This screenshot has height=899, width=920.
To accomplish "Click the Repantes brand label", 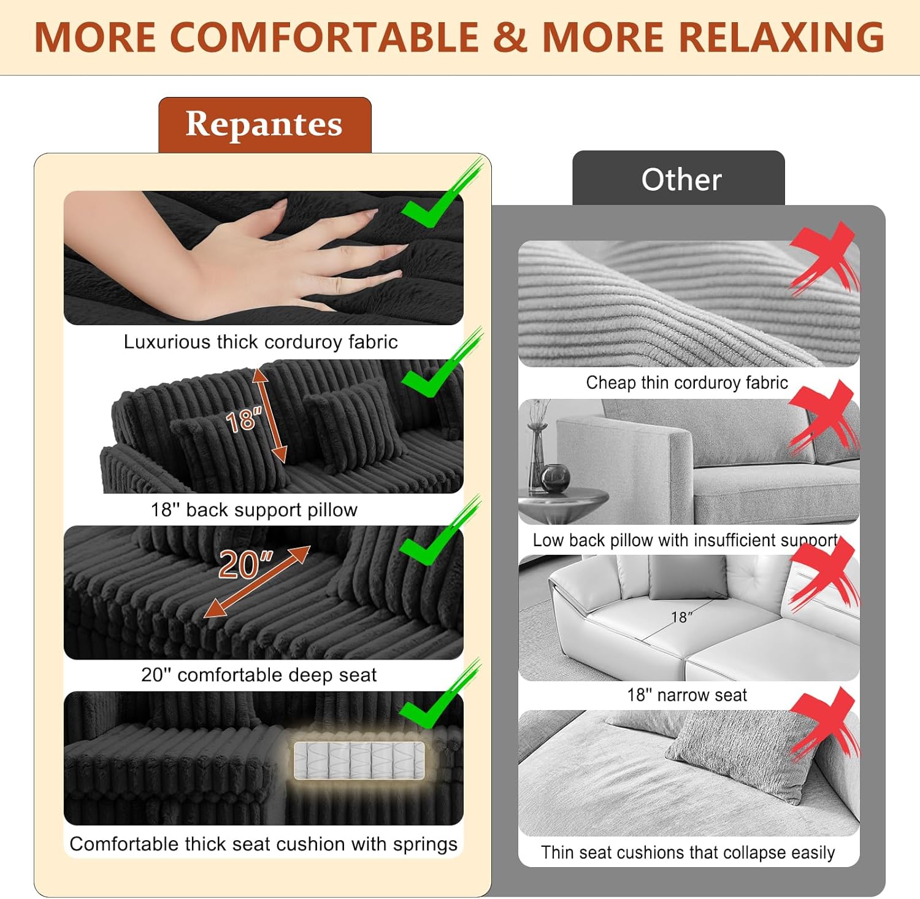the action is coord(264,125).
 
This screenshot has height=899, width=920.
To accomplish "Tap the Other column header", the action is coord(681,180).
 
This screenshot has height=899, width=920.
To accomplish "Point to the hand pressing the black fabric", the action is coord(264,255).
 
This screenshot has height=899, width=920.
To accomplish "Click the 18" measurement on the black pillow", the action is coord(243,421).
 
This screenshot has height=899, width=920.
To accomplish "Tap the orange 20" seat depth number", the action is coord(245,565).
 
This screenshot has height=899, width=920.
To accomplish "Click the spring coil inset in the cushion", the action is coord(359,761).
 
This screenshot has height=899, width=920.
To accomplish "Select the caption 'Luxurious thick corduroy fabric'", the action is coord(261,342).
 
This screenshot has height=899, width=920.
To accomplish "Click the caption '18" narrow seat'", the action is coord(687,695).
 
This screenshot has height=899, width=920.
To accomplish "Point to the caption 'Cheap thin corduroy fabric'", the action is coord(687,383).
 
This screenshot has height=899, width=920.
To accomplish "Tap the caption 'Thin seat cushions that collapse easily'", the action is coord(688,853).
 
